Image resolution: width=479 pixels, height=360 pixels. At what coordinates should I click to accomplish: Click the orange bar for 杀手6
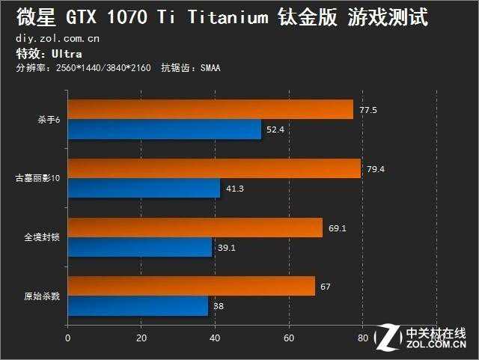coord(210,110)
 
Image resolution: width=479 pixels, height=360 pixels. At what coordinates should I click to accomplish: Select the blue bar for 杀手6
coord(164,129)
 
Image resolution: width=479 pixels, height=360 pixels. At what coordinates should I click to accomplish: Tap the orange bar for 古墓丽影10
coord(213,169)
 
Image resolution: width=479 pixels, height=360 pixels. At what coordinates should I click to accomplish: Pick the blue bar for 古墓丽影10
coord(144,189)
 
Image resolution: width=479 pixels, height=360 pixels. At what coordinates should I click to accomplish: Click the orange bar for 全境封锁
coord(195,228)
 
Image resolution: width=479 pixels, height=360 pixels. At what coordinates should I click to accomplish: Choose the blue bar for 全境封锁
coord(139,247)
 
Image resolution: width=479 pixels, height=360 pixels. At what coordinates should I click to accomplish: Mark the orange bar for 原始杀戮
coord(191,286)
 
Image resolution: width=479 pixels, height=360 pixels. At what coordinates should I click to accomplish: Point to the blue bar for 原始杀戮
coord(137,306)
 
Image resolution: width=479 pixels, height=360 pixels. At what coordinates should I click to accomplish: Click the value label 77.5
coord(367,111)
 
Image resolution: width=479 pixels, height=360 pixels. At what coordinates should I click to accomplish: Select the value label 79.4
coord(375,169)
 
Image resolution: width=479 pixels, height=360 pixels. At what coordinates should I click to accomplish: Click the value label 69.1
coord(337,228)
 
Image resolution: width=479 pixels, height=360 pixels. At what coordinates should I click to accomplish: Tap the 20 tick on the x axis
coord(141,338)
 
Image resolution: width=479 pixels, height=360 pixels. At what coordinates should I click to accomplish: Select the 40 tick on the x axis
coord(214,338)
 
